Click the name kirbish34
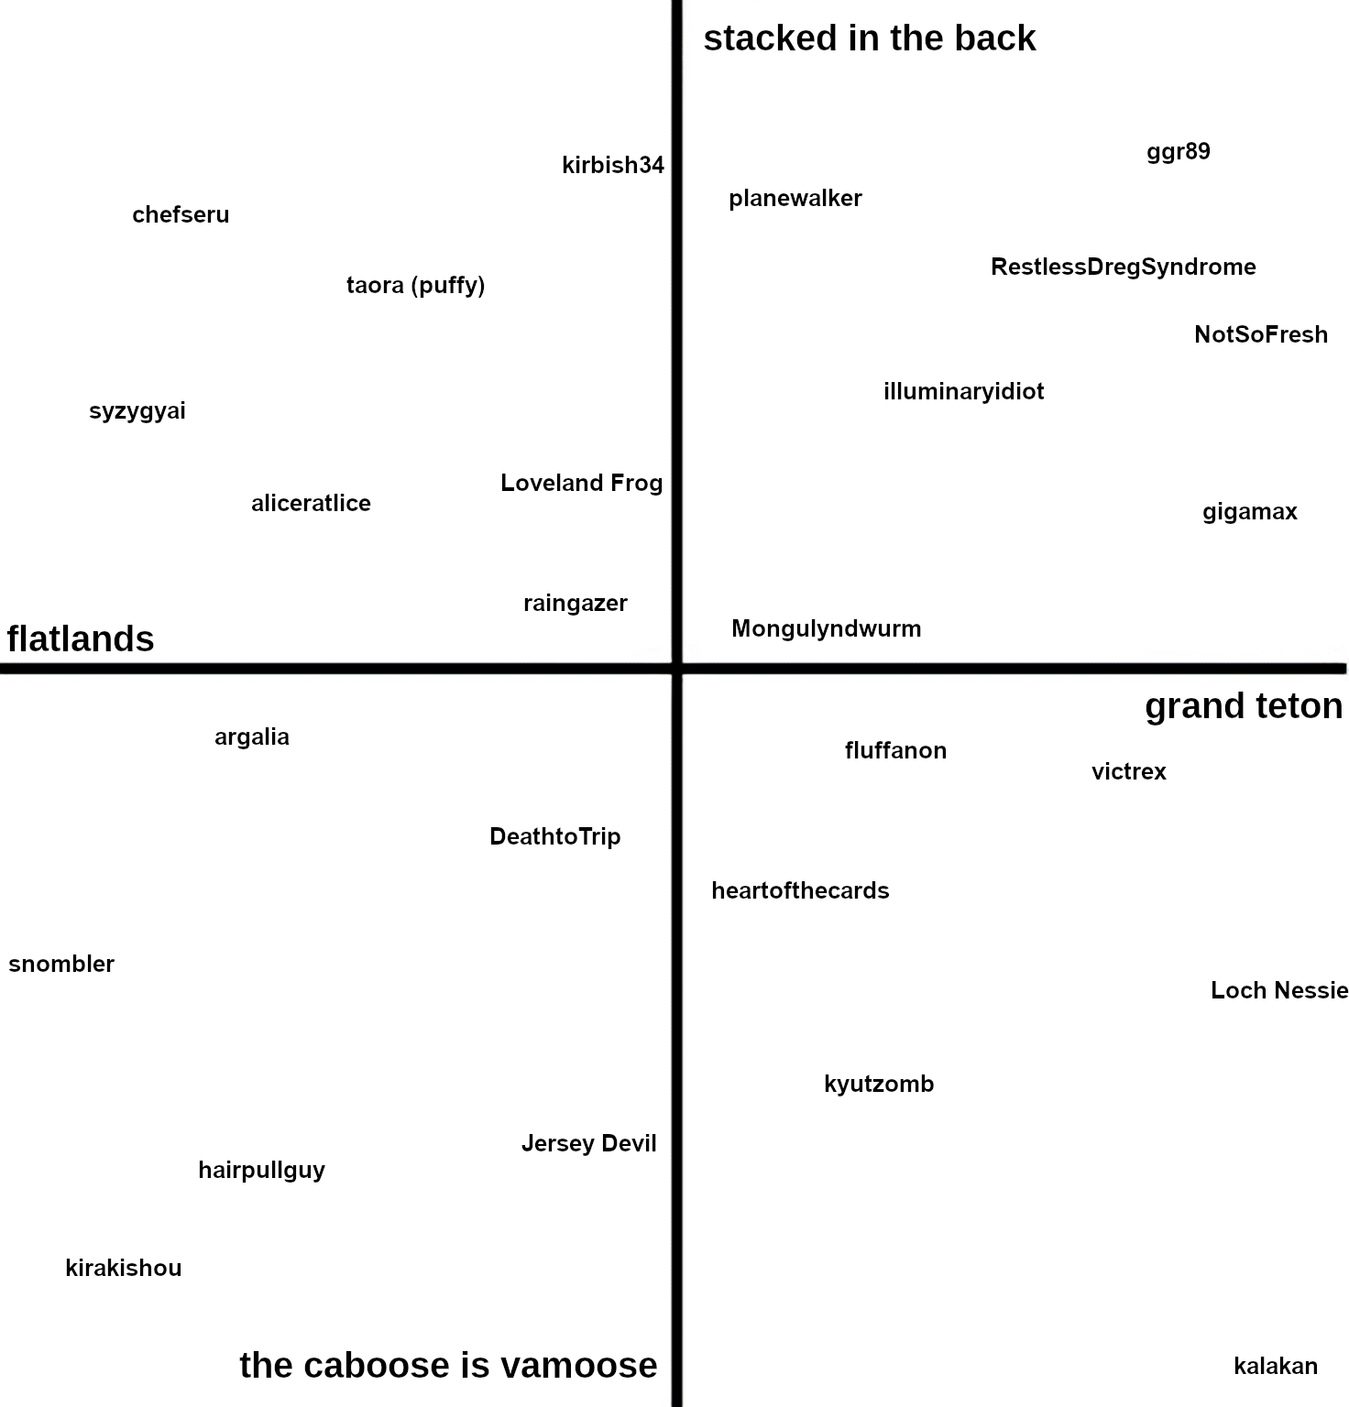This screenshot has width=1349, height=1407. point(612,165)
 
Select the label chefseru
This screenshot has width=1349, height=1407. point(181,214)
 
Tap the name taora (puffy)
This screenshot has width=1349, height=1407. point(415,285)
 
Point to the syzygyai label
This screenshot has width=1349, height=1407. point(137,410)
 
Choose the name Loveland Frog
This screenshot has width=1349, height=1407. point(581,483)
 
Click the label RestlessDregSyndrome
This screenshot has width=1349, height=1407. point(1123,267)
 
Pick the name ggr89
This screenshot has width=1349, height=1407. point(1178,151)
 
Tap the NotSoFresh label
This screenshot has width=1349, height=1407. point(1260,334)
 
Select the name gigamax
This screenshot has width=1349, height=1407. point(1249,511)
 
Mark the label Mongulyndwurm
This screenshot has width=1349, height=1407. point(826,628)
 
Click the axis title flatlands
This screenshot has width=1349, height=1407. point(81,638)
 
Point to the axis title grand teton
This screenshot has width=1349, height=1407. point(1243,705)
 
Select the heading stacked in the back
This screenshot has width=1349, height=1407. point(869,38)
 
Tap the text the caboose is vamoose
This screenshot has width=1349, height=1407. point(448,1365)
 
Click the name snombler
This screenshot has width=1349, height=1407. point(61,964)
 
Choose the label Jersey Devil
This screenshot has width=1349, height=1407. point(588,1143)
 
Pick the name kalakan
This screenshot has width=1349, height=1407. point(1275,1366)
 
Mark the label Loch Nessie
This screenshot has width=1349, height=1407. point(1278,990)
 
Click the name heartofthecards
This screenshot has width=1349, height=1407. point(800,890)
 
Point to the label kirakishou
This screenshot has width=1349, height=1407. point(124,1268)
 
